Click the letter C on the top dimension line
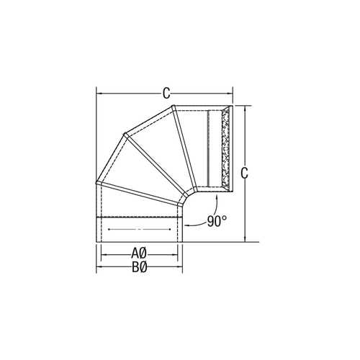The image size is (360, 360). click(x=166, y=93)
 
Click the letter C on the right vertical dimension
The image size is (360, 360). click(x=245, y=173)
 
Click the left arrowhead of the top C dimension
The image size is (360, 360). click(x=99, y=93)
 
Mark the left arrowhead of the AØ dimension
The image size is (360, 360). click(x=103, y=253)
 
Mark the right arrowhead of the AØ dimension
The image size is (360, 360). click(x=177, y=253)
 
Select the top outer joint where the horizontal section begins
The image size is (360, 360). click(x=174, y=107)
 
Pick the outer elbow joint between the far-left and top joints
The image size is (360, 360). click(x=123, y=134)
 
